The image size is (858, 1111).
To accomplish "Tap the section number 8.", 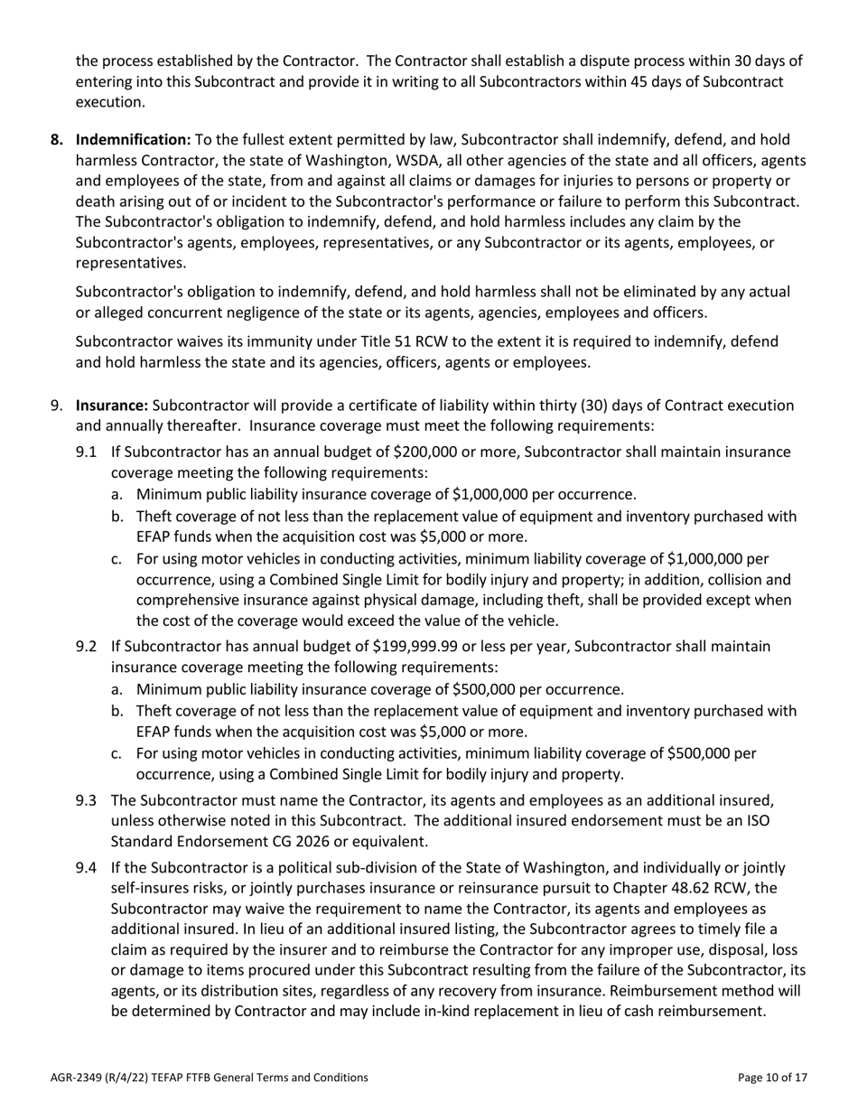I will tap(57, 140).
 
